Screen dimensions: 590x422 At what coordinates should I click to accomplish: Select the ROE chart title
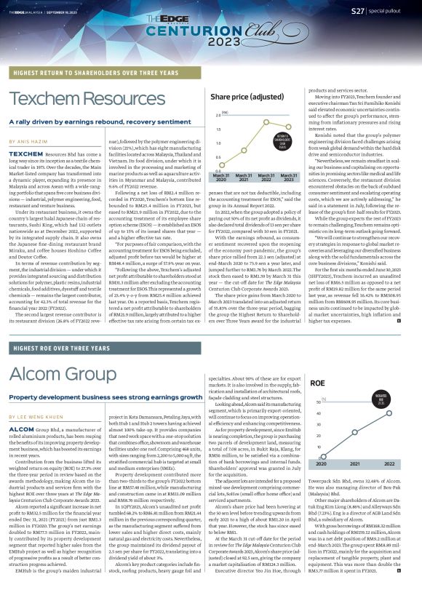pyautogui.click(x=316, y=382)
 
